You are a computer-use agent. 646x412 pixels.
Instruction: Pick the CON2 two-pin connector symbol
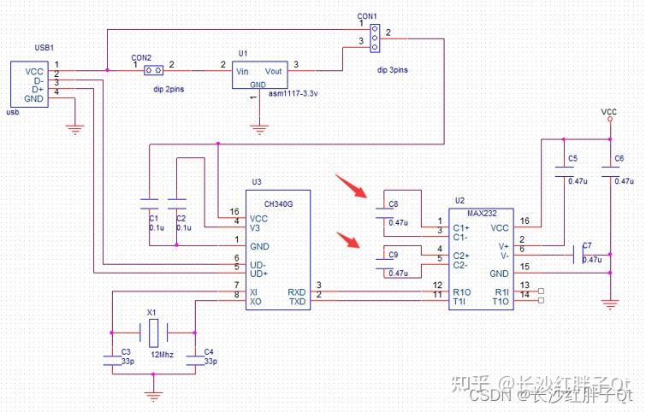coord(153,70)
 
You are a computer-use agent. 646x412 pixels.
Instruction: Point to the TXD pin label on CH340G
coord(297,302)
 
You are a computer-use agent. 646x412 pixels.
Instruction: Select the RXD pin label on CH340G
coord(297,292)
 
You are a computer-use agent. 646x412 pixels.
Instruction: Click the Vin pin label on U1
coord(245,71)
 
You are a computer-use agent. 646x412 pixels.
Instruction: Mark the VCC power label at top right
coord(609,112)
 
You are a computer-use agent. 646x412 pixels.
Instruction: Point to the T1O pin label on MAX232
coord(501,302)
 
